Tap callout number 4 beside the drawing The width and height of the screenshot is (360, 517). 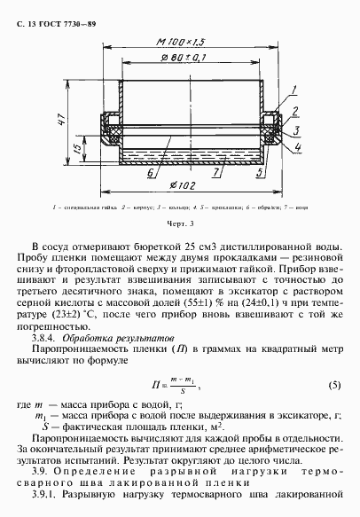297,146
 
